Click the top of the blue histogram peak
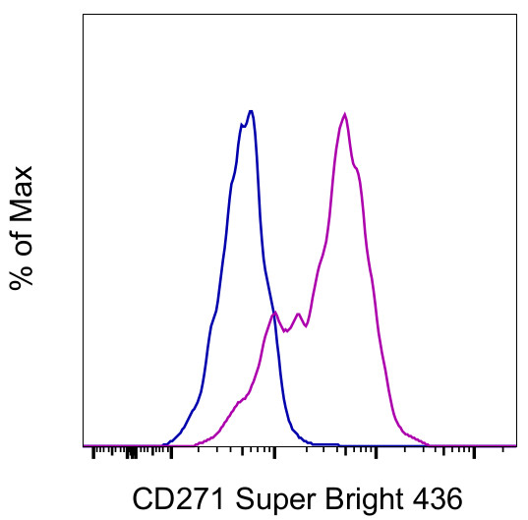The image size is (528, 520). pyautogui.click(x=252, y=111)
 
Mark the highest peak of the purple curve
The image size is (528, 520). pyautogui.click(x=345, y=114)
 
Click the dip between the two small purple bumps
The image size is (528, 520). pyautogui.click(x=286, y=331)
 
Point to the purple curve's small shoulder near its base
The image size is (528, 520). pyautogui.click(x=239, y=401)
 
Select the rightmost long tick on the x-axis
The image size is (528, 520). pyautogui.click(x=475, y=453)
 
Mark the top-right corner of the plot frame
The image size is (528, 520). pyautogui.click(x=516, y=14)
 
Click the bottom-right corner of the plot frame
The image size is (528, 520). pyautogui.click(x=516, y=446)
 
